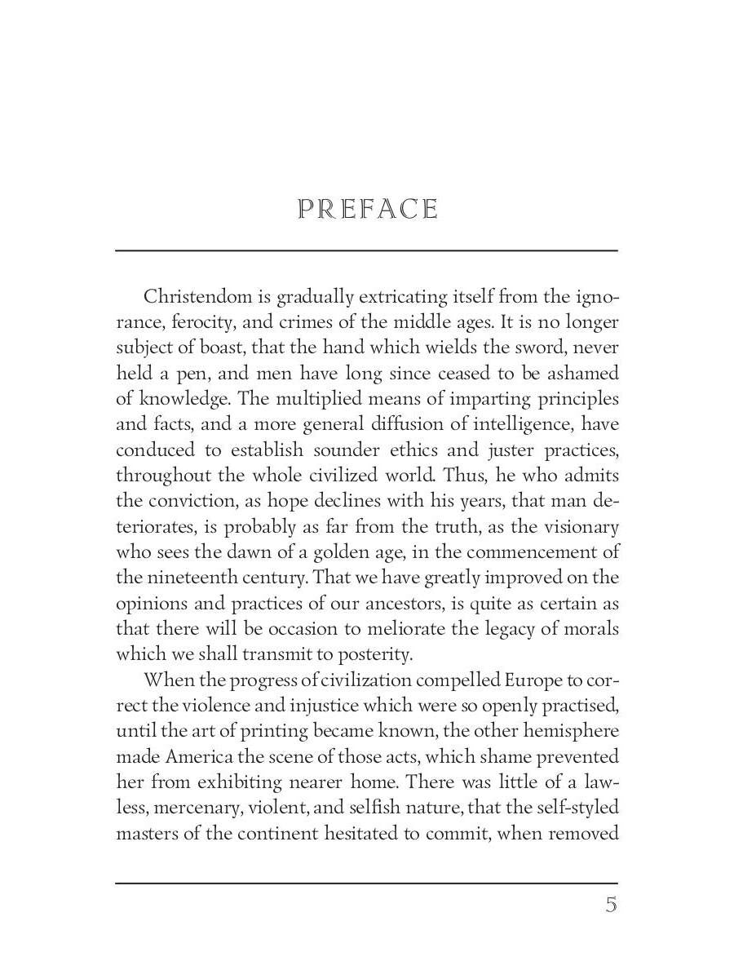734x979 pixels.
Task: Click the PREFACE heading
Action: click(368, 210)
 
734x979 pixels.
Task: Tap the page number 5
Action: click(611, 905)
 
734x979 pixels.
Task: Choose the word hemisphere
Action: click(568, 731)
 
